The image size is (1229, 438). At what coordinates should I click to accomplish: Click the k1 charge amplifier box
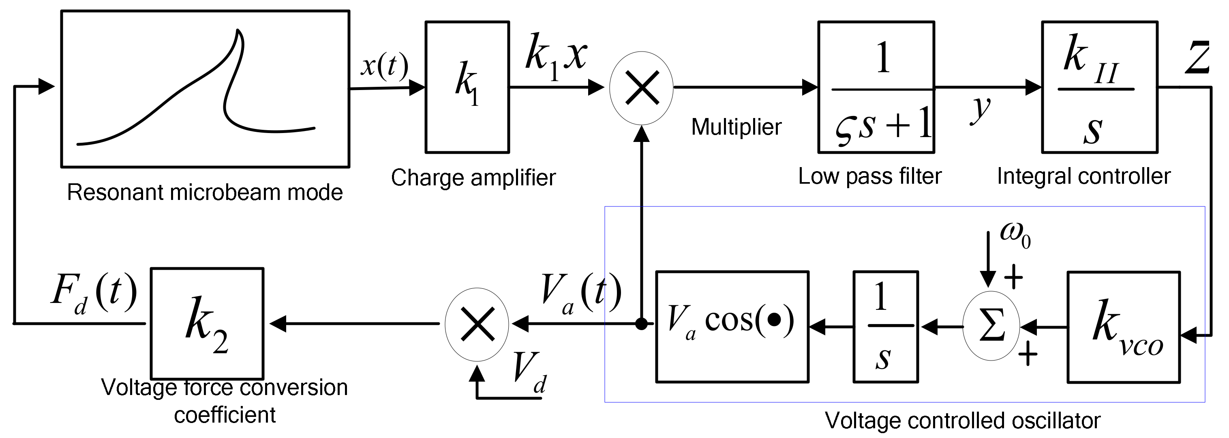[x=467, y=87]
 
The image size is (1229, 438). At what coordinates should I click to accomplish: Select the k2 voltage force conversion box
[x=207, y=324]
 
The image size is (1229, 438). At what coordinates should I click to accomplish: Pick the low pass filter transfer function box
[x=876, y=87]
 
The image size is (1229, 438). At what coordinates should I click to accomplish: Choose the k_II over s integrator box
[x=1099, y=87]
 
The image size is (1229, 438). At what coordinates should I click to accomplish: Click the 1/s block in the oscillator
[x=886, y=327]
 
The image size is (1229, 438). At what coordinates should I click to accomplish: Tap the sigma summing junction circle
[x=991, y=327]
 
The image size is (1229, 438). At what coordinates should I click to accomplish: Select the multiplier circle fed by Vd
[x=477, y=324]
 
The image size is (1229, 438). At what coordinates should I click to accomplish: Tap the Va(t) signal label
[x=581, y=292]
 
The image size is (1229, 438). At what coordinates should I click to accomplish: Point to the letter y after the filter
[x=981, y=110]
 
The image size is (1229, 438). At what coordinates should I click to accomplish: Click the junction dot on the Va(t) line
[x=642, y=324]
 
